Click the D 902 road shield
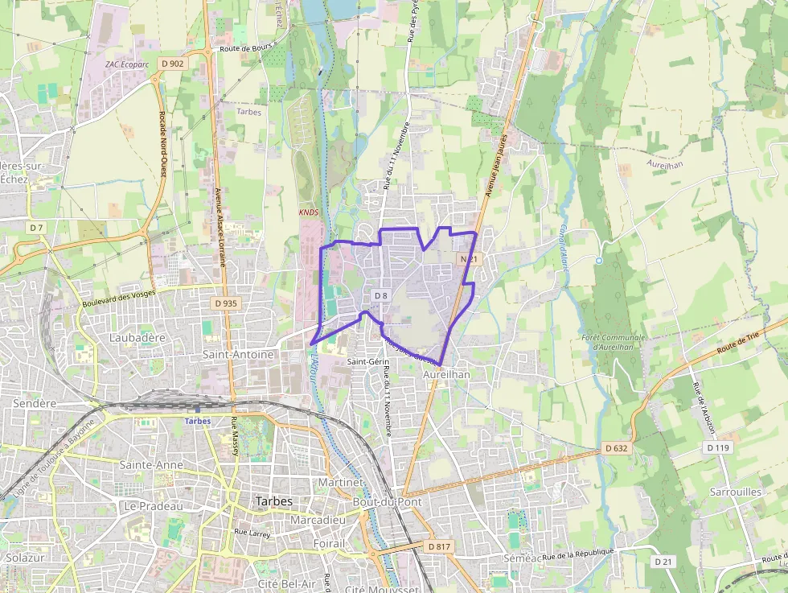coord(173,63)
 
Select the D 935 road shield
coord(227,303)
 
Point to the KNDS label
coord(309,212)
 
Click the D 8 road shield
coord(380,296)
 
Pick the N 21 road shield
coord(469,259)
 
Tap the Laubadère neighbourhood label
coord(137,338)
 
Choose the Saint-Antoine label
coord(238,354)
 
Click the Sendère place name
coord(35,403)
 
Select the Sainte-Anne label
coord(151,465)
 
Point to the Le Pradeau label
coord(153,506)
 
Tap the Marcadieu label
coord(318,520)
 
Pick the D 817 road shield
coord(439,546)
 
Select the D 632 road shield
coord(617,447)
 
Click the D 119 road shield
coord(719,447)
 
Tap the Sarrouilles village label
coord(735,492)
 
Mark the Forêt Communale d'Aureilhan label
coord(613,342)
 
